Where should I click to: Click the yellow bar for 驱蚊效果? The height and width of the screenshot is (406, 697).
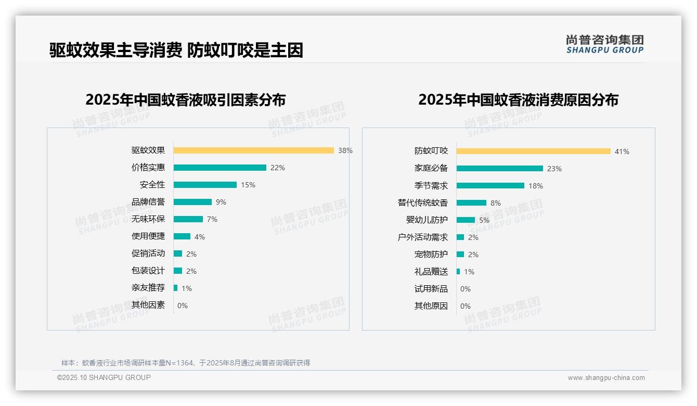click(x=253, y=150)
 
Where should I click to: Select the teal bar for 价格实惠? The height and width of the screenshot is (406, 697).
click(x=220, y=168)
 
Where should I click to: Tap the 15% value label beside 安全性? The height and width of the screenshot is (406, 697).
click(x=248, y=185)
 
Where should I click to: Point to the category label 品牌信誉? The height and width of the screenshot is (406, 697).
click(x=148, y=202)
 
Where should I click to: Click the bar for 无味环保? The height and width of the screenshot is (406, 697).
click(x=188, y=219)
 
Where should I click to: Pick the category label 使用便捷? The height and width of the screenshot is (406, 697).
click(x=148, y=236)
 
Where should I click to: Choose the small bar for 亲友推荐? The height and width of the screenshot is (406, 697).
click(x=175, y=288)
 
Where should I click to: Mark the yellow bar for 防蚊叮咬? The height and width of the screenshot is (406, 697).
click(x=533, y=151)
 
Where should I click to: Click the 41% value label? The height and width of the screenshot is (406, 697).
click(x=622, y=151)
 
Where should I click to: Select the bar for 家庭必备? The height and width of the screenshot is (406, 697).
click(x=499, y=169)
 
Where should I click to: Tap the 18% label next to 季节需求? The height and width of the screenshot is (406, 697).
click(x=535, y=186)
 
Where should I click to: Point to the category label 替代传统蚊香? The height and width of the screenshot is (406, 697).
click(x=422, y=203)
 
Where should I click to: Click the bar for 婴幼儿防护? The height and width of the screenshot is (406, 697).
click(x=466, y=220)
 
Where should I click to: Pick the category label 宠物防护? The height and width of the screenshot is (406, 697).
click(x=431, y=255)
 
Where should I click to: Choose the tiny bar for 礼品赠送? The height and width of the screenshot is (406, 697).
click(x=458, y=272)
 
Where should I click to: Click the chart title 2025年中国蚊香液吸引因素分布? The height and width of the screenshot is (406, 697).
click(x=185, y=99)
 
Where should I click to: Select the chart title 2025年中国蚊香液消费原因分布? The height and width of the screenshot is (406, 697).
click(x=518, y=99)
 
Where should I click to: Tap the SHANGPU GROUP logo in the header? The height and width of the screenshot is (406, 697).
click(x=604, y=44)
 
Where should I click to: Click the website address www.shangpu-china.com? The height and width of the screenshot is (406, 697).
click(x=606, y=378)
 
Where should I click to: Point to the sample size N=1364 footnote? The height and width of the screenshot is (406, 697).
click(x=185, y=363)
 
